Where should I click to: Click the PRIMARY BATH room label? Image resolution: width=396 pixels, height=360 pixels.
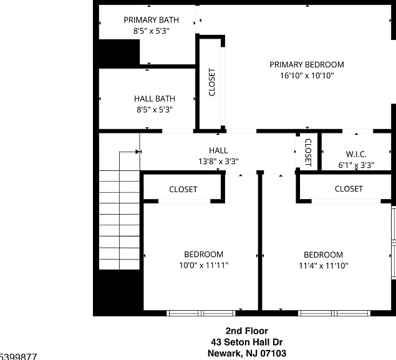point(152,20)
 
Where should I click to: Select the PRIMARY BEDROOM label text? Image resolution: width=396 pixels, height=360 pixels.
point(307,65)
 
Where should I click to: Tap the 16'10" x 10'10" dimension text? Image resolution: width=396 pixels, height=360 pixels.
point(307,75)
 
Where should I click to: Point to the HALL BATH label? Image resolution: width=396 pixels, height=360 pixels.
point(155,99)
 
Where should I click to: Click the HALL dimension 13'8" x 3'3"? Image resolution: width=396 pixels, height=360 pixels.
point(218,161)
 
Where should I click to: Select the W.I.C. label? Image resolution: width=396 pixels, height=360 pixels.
point(356,154)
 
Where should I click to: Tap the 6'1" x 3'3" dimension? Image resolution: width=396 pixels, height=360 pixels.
point(356,165)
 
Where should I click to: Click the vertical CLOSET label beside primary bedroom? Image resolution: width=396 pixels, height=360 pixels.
point(212,82)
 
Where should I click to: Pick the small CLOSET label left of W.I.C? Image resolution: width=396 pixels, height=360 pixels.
point(308,152)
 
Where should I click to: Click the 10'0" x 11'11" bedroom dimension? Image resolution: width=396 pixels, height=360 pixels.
point(204,265)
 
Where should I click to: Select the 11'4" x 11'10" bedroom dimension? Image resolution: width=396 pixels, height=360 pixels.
point(324,266)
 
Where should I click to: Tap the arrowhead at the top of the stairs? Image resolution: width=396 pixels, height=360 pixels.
point(138,152)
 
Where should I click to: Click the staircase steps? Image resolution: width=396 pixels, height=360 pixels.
point(119,220)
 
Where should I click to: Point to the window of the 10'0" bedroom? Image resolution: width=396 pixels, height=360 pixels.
point(201,313)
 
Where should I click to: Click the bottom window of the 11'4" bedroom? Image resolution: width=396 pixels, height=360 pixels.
point(334,313)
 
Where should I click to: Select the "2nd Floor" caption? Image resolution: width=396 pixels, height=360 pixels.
point(247,331)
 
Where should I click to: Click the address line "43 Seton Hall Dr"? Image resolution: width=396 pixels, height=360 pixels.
point(247,342)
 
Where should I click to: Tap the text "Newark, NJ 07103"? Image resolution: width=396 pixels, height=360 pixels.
point(247,353)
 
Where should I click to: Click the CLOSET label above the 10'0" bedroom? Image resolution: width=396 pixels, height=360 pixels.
point(183,190)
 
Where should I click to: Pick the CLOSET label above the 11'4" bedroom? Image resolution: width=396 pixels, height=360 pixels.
point(349,189)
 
